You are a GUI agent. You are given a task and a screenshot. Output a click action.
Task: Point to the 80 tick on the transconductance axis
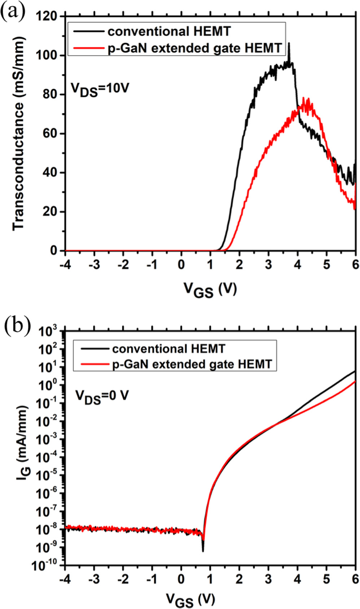tap(52, 94)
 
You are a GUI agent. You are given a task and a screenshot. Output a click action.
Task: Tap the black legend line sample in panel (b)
tap(95, 349)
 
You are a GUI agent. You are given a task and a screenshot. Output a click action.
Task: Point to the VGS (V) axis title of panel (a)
tap(210, 289)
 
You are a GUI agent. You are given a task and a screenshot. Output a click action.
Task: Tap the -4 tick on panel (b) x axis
tap(65, 579)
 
